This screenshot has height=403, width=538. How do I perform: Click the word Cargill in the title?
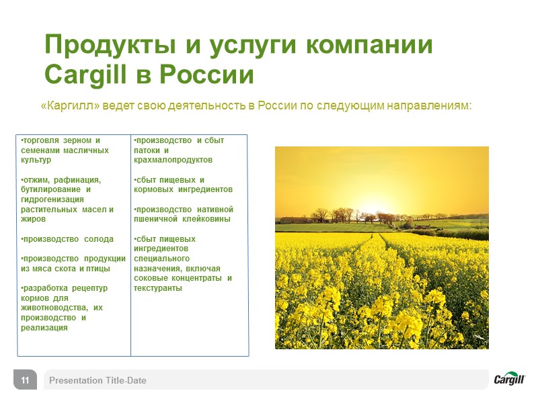click(83, 75)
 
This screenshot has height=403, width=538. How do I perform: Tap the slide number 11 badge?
click(24, 381)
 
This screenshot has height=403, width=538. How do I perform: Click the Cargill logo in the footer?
click(509, 379)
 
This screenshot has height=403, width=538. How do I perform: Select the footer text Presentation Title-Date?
click(98, 381)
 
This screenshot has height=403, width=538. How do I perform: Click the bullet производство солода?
click(67, 239)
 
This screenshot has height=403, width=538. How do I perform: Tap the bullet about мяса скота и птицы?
click(73, 264)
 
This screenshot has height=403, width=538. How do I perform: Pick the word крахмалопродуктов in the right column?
click(173, 161)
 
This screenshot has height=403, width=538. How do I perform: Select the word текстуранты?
click(157, 288)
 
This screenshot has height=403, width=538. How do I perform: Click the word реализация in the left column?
click(44, 327)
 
